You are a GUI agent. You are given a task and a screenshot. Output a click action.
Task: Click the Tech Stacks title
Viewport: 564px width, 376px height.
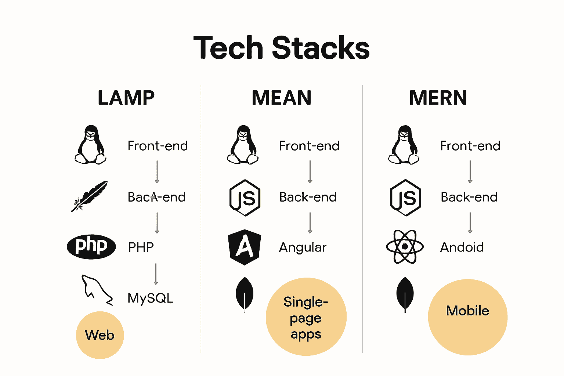(281, 48)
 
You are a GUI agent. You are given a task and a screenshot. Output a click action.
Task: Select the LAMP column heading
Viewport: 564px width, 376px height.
(126, 98)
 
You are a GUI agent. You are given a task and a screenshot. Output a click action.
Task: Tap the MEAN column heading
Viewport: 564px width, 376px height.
(282, 98)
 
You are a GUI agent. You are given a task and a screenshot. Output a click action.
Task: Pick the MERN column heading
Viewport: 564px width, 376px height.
(438, 98)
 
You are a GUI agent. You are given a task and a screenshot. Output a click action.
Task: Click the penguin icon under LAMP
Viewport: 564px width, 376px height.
(91, 145)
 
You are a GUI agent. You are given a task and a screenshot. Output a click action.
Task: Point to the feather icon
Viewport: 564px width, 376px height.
(90, 196)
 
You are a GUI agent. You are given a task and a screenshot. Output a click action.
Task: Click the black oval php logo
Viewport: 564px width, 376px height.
(91, 246)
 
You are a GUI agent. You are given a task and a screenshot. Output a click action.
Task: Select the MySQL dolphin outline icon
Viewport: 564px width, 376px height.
(96, 290)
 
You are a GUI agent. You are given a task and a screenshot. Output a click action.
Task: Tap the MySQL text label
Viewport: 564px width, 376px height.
(150, 298)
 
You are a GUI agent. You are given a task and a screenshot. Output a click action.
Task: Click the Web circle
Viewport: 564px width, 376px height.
(100, 335)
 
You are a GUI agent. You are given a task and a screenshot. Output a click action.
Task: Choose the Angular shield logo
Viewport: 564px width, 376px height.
(245, 247)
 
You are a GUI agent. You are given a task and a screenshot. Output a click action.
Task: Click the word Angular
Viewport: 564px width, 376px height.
(303, 247)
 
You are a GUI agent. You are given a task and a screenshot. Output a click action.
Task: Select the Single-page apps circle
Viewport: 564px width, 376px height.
(306, 317)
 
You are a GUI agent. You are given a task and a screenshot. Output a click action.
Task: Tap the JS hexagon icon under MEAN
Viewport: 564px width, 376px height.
(245, 198)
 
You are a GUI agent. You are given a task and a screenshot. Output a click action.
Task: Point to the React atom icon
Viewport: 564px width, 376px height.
(405, 247)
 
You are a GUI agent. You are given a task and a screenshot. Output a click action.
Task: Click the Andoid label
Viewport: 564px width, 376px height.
(462, 247)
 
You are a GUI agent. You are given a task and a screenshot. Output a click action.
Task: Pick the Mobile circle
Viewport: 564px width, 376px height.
(467, 317)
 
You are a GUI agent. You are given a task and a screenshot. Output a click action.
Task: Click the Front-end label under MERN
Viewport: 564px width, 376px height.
(470, 146)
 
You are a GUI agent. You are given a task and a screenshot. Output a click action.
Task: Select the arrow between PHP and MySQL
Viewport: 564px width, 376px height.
(156, 274)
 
